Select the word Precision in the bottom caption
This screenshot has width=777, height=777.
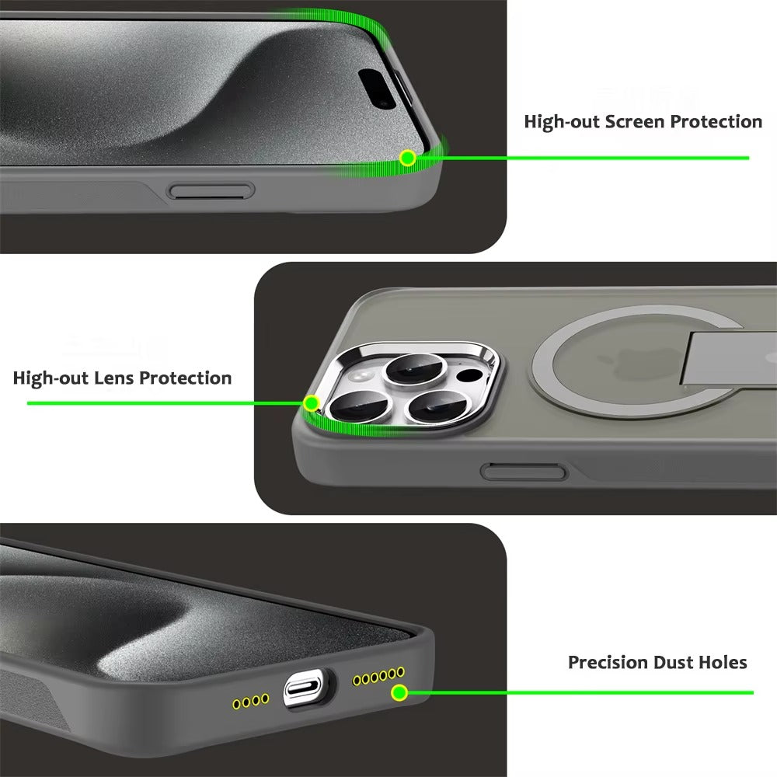[608, 663]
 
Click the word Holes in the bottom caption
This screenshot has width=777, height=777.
[722, 663]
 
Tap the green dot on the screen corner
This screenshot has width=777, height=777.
[407, 159]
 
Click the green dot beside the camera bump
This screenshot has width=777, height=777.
[312, 403]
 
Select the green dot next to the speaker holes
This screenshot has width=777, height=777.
[399, 692]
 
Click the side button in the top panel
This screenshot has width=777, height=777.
[212, 191]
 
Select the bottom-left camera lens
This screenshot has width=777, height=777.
[354, 409]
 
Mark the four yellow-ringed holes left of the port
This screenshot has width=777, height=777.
[250, 701]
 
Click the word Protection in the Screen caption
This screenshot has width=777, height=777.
[716, 122]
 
